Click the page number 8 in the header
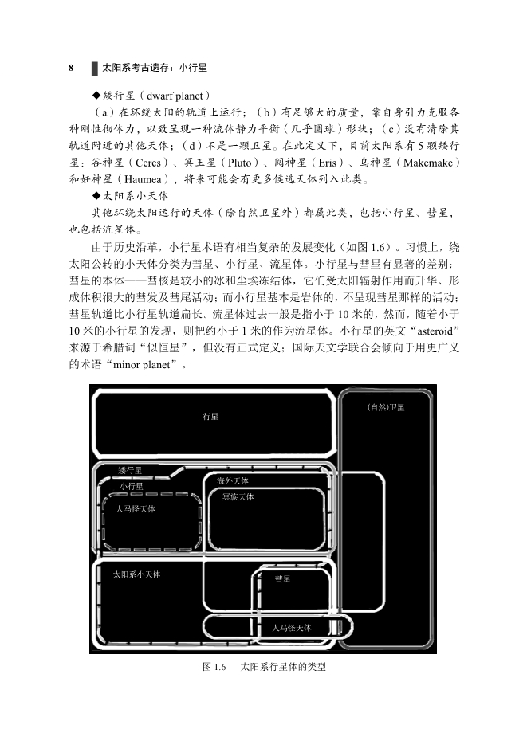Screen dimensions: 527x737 (71, 69)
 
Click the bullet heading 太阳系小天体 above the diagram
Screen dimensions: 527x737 (132, 196)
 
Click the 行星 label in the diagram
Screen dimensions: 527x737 (210, 417)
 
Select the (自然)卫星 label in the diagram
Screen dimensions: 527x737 (386, 407)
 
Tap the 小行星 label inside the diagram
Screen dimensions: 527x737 (132, 486)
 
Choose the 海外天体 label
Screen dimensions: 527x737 (233, 481)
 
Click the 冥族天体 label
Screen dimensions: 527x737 (238, 497)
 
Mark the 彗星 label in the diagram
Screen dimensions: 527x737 (282, 579)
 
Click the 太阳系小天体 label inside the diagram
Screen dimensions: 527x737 (136, 574)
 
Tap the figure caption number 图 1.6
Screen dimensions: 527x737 (215, 667)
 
